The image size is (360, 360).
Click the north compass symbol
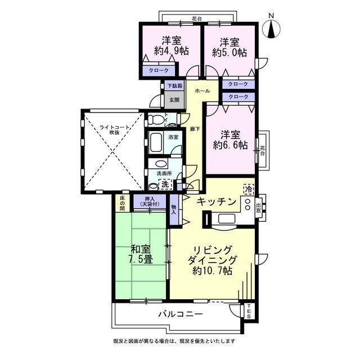[271, 29]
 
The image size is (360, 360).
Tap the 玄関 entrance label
[174, 100]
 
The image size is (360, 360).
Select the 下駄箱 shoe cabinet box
[175, 85]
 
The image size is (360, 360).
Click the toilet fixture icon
[155, 119]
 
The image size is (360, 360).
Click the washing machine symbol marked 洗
[165, 184]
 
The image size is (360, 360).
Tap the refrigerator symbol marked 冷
[248, 190]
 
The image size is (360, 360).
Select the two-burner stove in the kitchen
[247, 204]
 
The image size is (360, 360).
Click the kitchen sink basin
[226, 219]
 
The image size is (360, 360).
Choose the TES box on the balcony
[249, 312]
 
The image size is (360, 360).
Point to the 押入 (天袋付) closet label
[150, 201]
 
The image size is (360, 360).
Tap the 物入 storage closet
[174, 210]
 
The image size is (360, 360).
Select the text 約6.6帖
[230, 145]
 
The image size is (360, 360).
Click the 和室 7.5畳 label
[141, 254]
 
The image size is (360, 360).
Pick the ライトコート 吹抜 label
[114, 130]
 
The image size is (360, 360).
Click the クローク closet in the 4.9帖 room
[159, 70]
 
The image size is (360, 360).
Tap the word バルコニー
[181, 314]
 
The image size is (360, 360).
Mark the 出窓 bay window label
[258, 207]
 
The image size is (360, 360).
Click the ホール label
[202, 91]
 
